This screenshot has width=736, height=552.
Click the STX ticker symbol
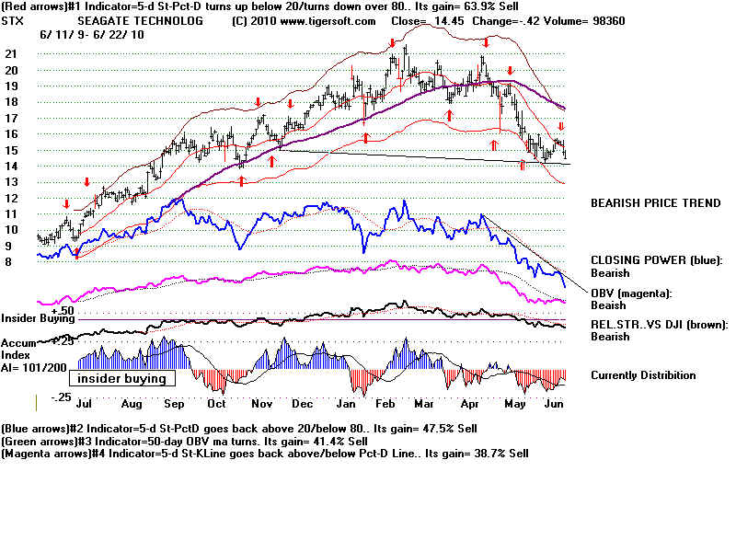[x=13, y=20]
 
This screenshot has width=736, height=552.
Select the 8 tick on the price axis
[x=8, y=262]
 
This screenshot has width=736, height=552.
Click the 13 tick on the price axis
[x=11, y=182]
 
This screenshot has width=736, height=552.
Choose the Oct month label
[x=217, y=403]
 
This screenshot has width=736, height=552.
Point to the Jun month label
[x=553, y=403]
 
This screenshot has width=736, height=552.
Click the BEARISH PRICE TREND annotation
[x=655, y=203]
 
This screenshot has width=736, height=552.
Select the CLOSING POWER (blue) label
[x=656, y=260]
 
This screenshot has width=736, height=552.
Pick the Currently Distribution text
[x=643, y=375]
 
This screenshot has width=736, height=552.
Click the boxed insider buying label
[x=121, y=379]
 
